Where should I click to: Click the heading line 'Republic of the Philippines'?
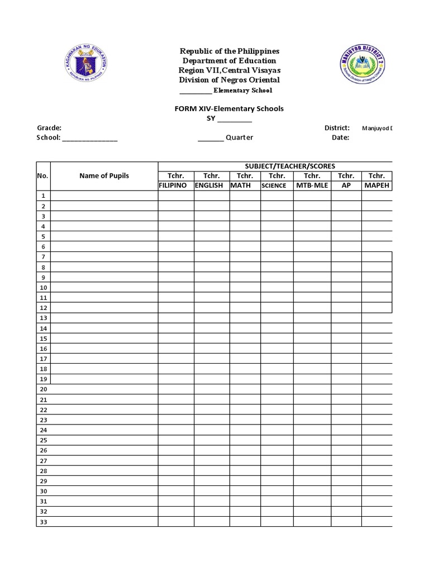(x=229, y=51)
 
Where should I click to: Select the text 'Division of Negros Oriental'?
(x=229, y=80)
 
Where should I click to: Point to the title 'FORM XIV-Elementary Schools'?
(x=229, y=108)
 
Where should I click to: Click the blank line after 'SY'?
(x=235, y=120)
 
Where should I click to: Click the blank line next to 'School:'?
(x=90, y=139)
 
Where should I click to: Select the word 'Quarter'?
(x=239, y=138)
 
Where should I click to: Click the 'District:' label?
(x=337, y=128)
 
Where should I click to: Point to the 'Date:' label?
(x=340, y=138)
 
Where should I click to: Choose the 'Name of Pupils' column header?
(x=104, y=175)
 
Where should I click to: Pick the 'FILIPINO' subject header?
(x=173, y=185)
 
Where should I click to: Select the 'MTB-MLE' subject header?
(x=312, y=185)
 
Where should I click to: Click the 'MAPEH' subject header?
(x=376, y=185)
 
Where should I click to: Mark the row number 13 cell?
(x=44, y=318)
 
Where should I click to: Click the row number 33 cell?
(x=44, y=522)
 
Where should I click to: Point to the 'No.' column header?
(x=44, y=175)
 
